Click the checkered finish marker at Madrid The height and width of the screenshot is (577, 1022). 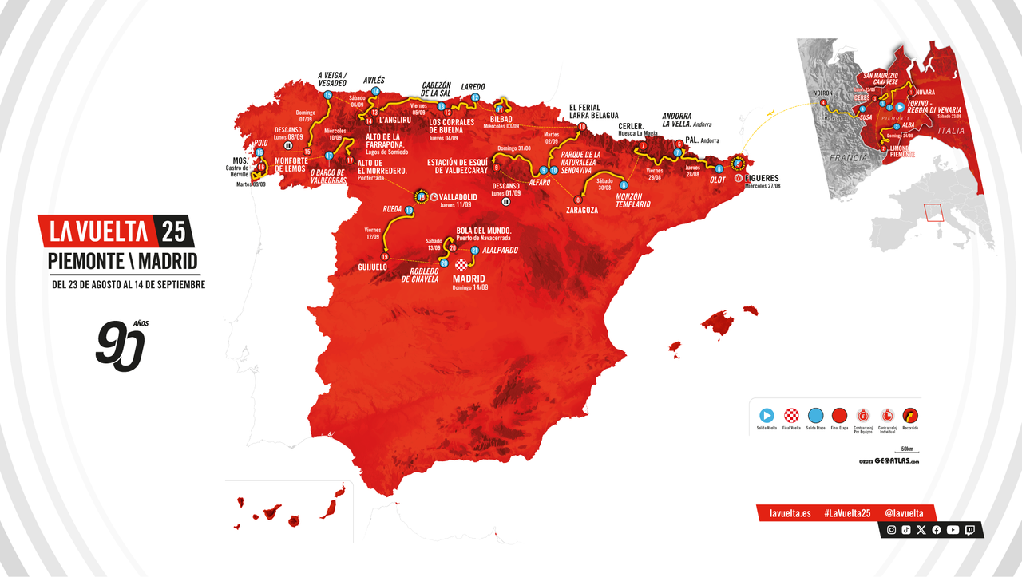click(x=461, y=264)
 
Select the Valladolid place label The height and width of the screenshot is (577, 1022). click(x=460, y=196)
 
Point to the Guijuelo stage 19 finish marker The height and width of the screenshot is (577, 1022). click(x=385, y=257)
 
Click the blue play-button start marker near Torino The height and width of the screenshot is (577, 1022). click(x=899, y=106)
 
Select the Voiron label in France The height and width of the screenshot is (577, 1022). click(x=822, y=93)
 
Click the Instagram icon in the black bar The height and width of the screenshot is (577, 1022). click(x=892, y=530)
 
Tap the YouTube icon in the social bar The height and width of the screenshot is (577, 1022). click(x=953, y=530)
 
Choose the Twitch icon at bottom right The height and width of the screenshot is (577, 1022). click(x=969, y=530)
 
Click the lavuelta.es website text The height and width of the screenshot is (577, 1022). click(x=790, y=512)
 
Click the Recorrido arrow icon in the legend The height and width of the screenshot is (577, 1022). click(x=910, y=415)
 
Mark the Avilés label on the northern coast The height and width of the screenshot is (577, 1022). click(x=374, y=81)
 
